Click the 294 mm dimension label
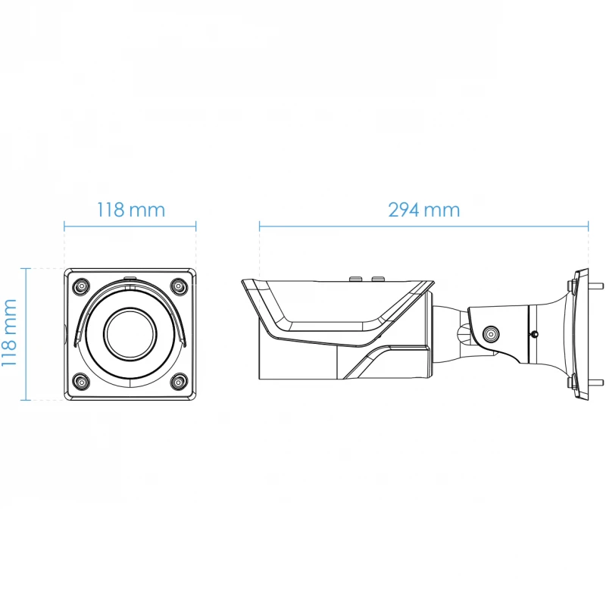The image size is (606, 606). pos(424,210)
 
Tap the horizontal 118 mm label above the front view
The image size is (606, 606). pos(130,210)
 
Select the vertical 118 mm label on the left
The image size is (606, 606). pos(9,333)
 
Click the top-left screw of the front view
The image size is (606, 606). pos(82,286)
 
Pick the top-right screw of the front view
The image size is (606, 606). pos(179,286)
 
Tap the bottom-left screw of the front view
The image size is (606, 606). pos(82,383)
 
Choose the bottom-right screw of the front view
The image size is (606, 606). pos(179,383)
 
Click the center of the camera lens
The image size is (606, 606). pos(130,334)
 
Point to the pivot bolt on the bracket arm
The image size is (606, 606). pos(490,334)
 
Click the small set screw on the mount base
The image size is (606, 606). pos(534,334)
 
